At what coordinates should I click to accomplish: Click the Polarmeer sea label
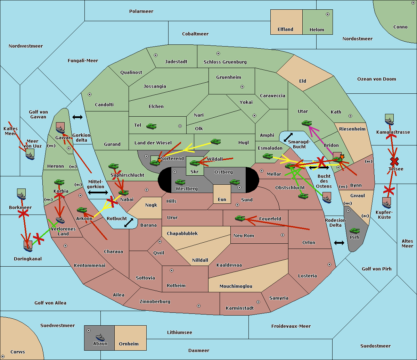141,11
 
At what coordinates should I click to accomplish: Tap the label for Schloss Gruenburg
225,62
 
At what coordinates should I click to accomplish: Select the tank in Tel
151,126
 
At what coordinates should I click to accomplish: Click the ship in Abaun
100,337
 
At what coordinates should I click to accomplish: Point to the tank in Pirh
354,231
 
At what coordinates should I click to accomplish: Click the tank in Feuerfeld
240,218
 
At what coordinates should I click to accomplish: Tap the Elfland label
285,30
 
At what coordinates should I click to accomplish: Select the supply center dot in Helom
328,14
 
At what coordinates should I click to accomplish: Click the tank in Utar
306,123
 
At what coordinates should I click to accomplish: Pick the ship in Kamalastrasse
389,121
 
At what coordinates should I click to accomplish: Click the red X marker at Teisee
394,161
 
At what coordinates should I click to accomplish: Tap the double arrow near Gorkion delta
77,117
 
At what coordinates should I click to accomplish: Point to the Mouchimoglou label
236,286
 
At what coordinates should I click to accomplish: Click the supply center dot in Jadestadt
156,55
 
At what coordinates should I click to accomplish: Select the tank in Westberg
180,182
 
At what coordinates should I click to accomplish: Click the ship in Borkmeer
22,196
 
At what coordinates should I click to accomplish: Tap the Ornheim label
129,344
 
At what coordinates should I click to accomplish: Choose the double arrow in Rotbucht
129,223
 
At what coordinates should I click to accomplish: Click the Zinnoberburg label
155,302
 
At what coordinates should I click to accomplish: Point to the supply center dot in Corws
3,357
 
